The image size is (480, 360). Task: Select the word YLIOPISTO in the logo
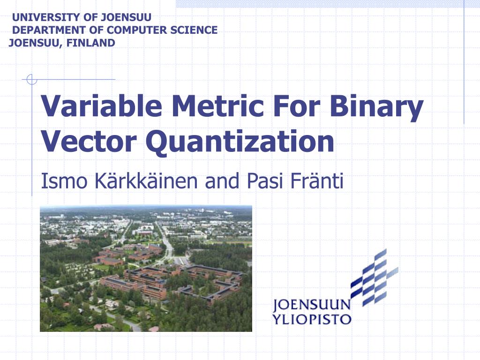(312, 320)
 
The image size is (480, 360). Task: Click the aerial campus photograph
(146, 268)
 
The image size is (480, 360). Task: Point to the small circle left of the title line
(31, 80)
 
